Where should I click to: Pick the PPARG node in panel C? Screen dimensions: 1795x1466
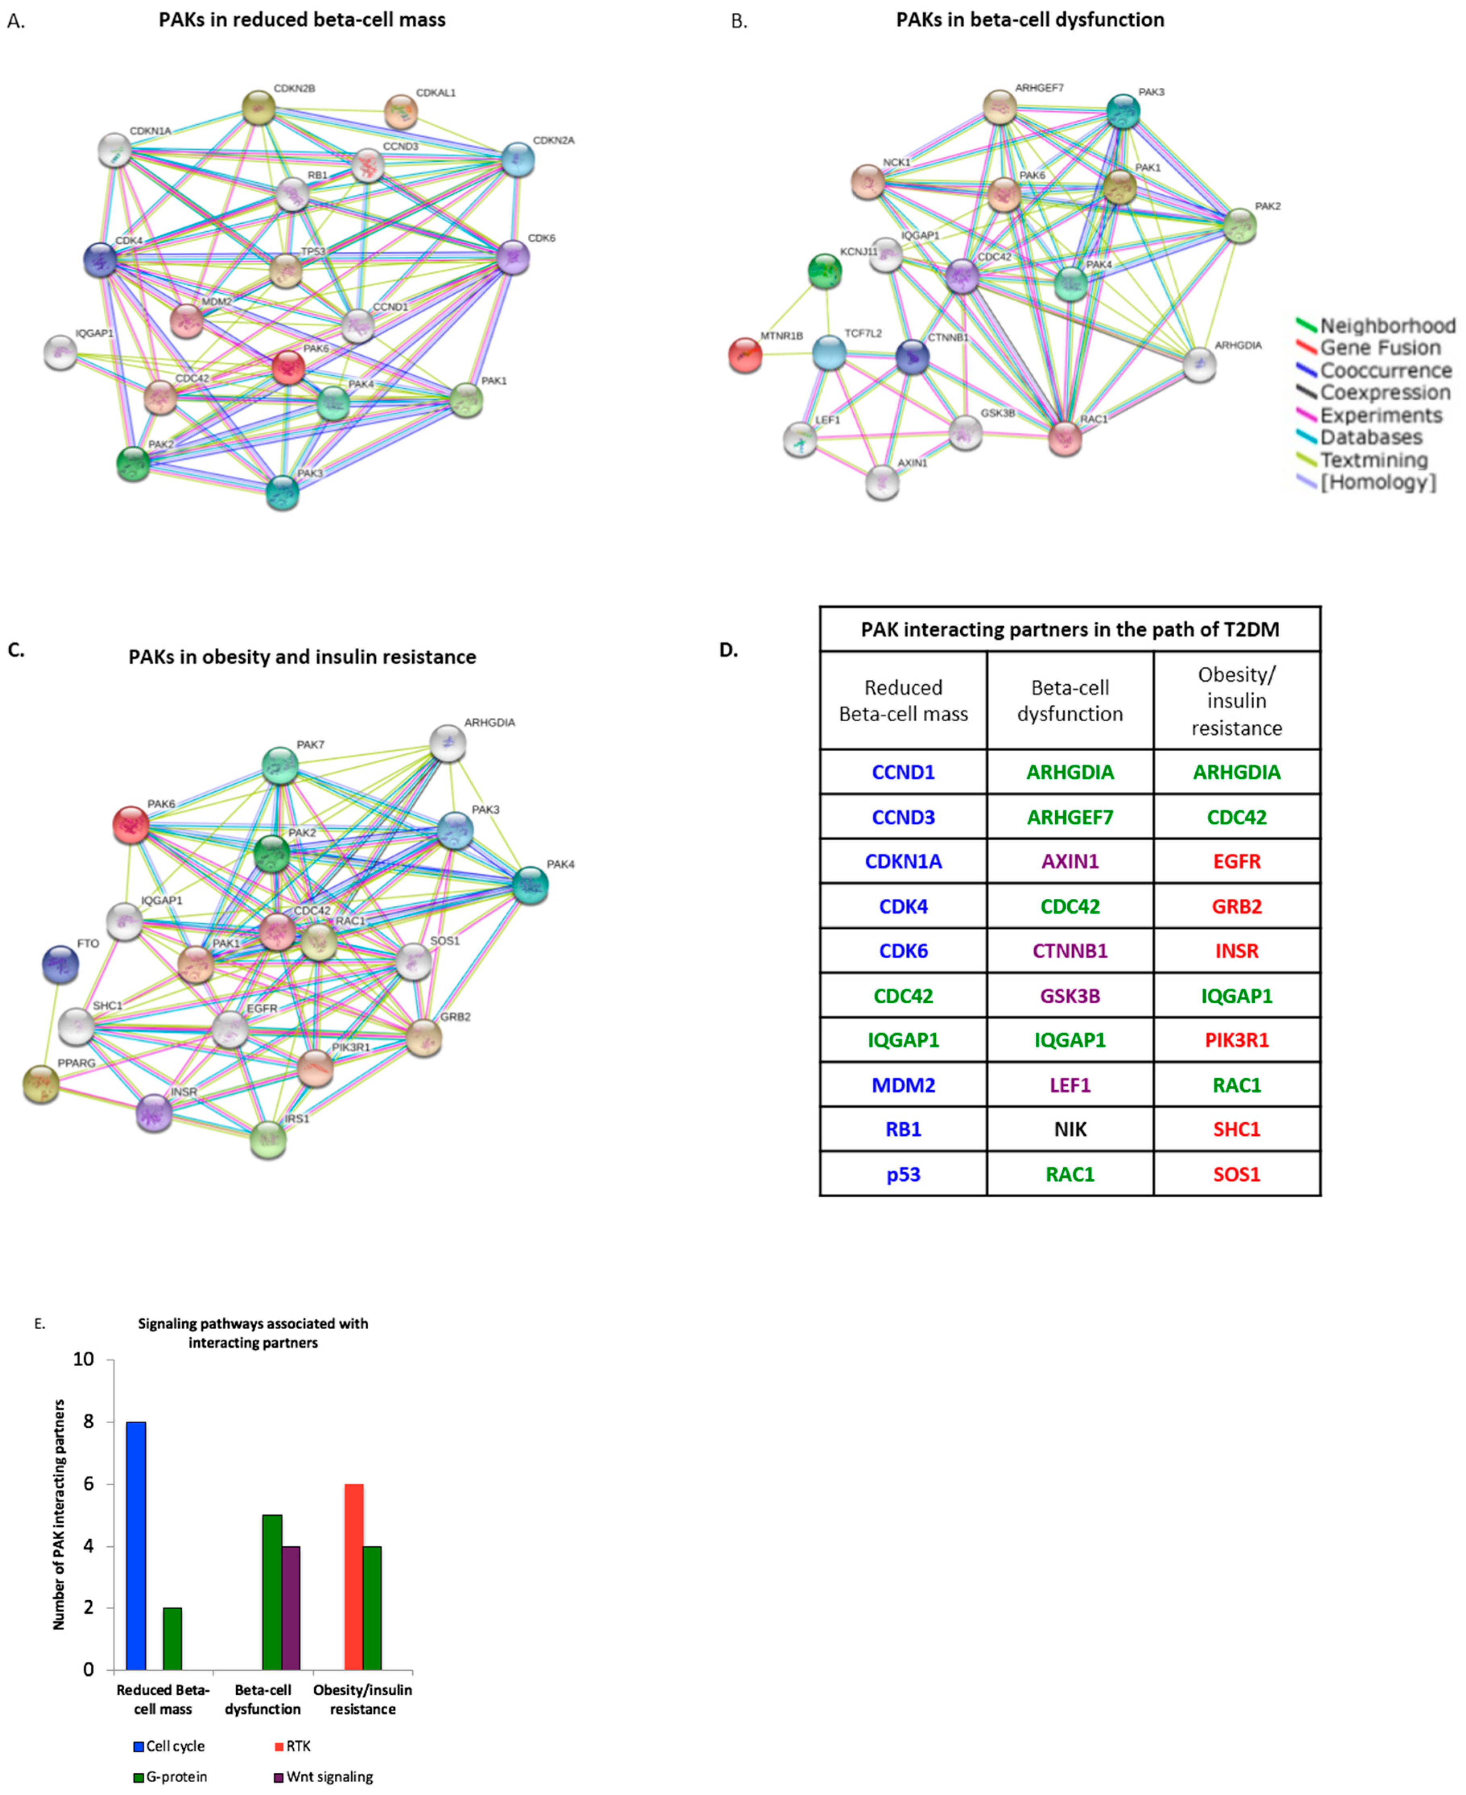coord(41,1084)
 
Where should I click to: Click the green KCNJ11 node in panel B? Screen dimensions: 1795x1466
coord(825,271)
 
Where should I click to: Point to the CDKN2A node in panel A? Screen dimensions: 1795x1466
coord(518,159)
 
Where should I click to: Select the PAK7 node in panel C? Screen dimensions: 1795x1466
coord(280,765)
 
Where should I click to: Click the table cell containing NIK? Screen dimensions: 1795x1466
coord(1070,1129)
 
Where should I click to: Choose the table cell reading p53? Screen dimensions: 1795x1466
coord(903,1173)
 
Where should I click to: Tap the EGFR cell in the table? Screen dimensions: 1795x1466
coord(1236,861)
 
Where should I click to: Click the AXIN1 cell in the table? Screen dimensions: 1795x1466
coord(1070,861)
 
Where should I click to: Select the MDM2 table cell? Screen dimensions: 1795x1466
coord(903,1085)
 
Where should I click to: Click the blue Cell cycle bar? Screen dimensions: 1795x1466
coord(136,1545)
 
